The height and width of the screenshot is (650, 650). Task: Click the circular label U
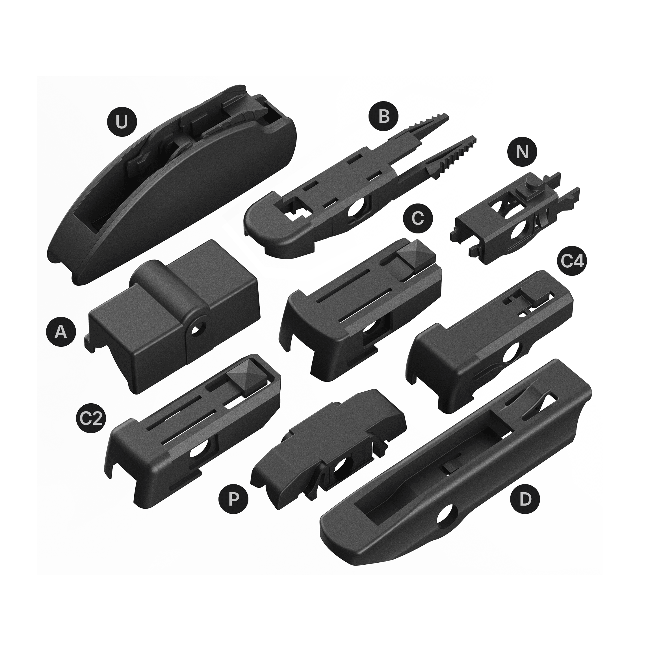[x=122, y=122]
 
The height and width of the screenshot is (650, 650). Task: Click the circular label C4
[x=572, y=261]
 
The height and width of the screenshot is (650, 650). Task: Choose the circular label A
[x=61, y=332]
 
